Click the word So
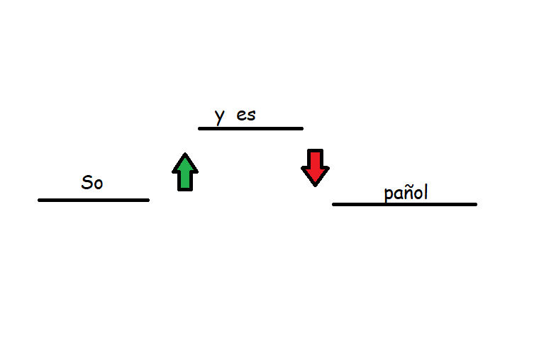[92, 182]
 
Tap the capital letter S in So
[87, 182]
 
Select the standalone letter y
[220, 117]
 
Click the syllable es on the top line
[246, 116]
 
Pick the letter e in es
[241, 116]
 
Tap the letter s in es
[252, 116]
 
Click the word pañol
[406, 192]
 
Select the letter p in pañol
[389, 195]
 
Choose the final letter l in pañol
[426, 191]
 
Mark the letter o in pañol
[418, 194]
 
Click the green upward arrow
[185, 171]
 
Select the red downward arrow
[315, 168]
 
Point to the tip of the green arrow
[185, 153]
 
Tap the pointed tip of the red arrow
[315, 186]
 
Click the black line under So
[94, 200]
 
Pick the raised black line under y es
[250, 128]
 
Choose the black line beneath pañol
[404, 204]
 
